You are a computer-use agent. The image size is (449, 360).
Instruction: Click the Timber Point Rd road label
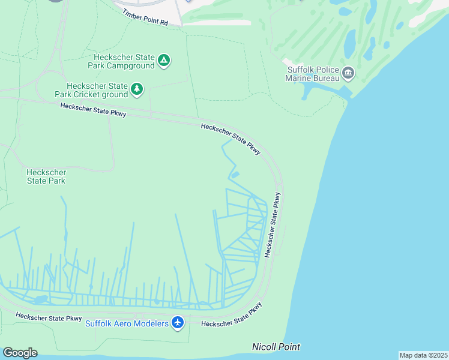pyautogui.click(x=145, y=17)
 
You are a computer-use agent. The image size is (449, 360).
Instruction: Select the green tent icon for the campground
pyautogui.click(x=164, y=60)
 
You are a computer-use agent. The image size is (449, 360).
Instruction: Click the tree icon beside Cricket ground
pyautogui.click(x=137, y=89)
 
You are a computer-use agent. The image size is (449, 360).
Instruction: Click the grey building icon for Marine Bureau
pyautogui.click(x=349, y=74)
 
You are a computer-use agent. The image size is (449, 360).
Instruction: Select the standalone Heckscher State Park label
pyautogui.click(x=46, y=176)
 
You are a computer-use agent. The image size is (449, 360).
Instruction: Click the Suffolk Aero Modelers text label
pyautogui.click(x=127, y=323)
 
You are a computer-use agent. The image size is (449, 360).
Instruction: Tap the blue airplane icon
pyautogui.click(x=177, y=323)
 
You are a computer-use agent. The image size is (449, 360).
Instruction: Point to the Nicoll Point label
pyautogui.click(x=276, y=347)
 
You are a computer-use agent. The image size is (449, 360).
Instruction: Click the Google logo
pyautogui.click(x=20, y=353)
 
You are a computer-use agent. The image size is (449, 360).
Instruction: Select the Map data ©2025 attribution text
pyautogui.click(x=423, y=355)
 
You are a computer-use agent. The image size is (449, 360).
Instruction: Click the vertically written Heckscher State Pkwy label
pyautogui.click(x=272, y=224)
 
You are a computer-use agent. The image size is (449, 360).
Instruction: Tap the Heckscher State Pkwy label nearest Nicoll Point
pyautogui.click(x=232, y=316)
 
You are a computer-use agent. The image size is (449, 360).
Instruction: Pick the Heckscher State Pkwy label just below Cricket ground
pyautogui.click(x=94, y=110)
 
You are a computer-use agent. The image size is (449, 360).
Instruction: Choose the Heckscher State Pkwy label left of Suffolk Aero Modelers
pyautogui.click(x=49, y=317)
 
